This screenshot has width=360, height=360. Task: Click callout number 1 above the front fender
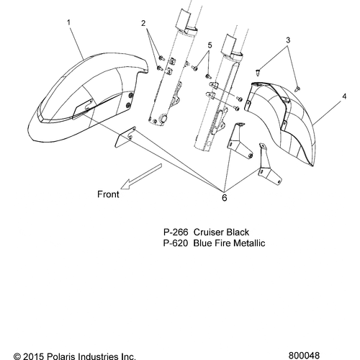pos(68,23)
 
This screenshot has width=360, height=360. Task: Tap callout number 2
pos(143,24)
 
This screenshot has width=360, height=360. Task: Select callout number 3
pos(288,40)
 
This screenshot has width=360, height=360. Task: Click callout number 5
pos(210,45)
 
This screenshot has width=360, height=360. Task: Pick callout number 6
pos(224,198)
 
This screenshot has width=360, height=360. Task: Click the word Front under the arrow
pos(108,194)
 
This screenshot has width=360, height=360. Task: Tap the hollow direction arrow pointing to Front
pos(141,176)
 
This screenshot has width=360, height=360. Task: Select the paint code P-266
pos(176,233)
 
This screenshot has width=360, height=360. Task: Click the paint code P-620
pos(176,243)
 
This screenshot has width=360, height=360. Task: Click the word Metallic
pos(249,243)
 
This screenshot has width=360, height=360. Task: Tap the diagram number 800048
pos(304,356)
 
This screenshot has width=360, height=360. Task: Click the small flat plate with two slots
pos(125,137)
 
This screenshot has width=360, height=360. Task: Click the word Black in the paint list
pos(238,233)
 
